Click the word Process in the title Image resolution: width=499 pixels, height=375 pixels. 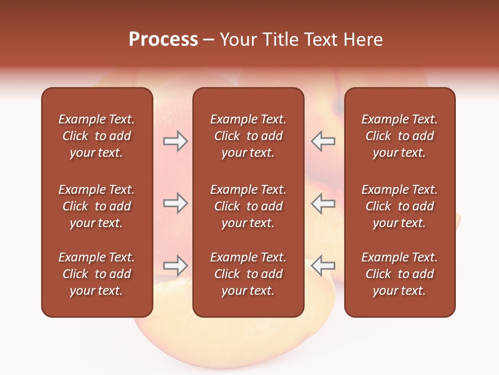(163, 40)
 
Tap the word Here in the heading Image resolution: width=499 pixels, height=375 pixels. (363, 40)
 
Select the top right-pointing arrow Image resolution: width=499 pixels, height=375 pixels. (176, 142)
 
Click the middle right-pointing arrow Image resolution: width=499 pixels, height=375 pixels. (176, 204)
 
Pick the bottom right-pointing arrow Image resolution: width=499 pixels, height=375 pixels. (176, 266)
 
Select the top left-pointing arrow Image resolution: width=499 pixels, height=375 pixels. (323, 142)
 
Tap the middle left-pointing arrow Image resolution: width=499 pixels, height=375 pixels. (323, 204)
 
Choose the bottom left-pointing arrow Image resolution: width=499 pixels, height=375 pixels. (323, 266)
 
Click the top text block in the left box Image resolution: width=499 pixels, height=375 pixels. (97, 136)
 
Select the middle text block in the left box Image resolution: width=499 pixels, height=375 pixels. (97, 206)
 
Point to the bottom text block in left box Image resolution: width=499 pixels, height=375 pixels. (97, 274)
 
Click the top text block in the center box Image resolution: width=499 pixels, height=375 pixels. (248, 136)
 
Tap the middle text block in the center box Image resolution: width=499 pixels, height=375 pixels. (248, 206)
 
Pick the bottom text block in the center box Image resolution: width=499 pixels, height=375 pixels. (248, 274)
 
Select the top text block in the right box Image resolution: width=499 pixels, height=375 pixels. (400, 136)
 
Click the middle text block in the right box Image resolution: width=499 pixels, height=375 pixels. (400, 206)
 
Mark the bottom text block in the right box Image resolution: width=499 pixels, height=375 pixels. (400, 274)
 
